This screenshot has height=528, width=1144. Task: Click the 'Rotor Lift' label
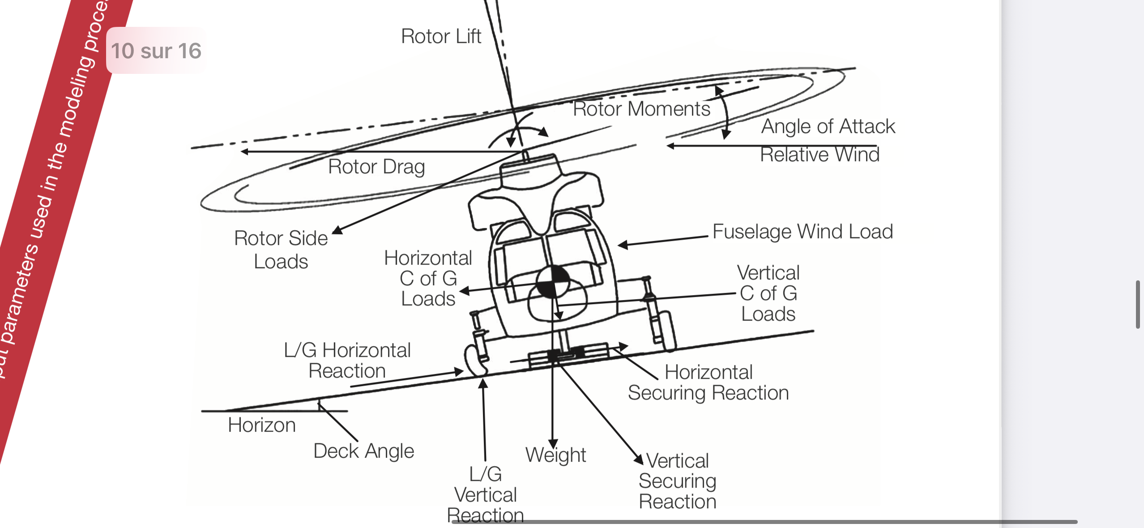tap(441, 36)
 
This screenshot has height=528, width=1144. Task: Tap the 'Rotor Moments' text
tap(641, 109)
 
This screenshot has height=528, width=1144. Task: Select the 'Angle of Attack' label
tap(828, 126)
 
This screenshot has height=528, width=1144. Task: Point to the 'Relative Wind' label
tap(820, 155)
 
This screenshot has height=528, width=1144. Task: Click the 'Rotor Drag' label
tap(376, 167)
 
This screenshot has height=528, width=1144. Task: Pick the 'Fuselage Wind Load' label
tap(803, 232)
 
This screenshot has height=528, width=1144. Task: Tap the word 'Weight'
tap(555, 455)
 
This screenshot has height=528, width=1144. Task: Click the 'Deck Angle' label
tap(363, 451)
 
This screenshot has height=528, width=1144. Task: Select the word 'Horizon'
tap(262, 425)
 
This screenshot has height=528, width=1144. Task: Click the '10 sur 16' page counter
tap(156, 51)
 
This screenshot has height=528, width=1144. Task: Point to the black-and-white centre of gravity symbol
tap(553, 281)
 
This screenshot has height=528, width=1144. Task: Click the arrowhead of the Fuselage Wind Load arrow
tap(623, 245)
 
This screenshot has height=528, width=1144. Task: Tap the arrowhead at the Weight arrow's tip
tap(553, 443)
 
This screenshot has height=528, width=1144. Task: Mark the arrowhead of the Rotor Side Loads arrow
tap(337, 230)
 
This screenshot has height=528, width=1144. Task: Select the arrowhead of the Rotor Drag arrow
tap(244, 152)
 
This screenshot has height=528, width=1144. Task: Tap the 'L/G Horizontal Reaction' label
tap(347, 361)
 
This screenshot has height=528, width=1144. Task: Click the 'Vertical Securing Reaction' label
tap(677, 481)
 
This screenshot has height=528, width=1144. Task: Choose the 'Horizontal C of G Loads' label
tap(428, 278)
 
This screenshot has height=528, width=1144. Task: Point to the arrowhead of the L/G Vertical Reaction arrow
tap(483, 383)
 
